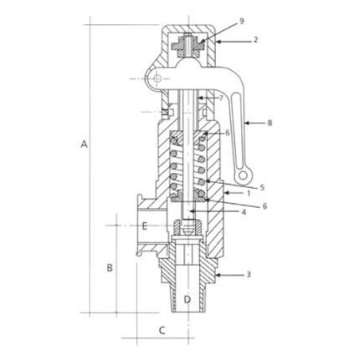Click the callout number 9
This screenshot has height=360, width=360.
241,22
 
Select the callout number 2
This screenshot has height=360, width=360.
256,40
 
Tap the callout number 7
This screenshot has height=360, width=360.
221,99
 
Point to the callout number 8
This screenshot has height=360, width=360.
270,123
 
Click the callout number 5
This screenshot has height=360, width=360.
262,188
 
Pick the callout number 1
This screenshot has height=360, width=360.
248,194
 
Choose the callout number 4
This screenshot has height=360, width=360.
244,212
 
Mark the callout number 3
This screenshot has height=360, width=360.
248,274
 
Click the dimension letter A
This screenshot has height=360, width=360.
84,144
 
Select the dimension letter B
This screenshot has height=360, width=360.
110,268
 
